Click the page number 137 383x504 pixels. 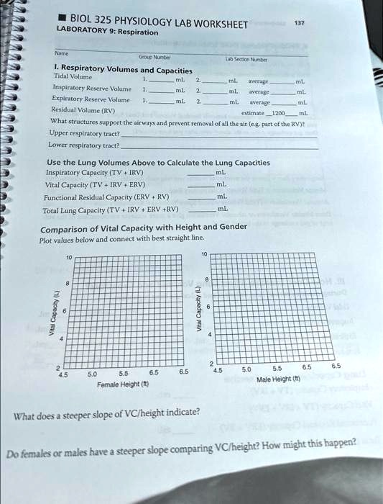[x=300, y=22]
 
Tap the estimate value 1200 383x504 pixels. [x=277, y=113]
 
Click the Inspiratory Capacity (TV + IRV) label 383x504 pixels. [x=95, y=173]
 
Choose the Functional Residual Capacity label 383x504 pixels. [x=106, y=197]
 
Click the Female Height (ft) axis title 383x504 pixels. [x=121, y=385]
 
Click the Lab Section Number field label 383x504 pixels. [x=246, y=60]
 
